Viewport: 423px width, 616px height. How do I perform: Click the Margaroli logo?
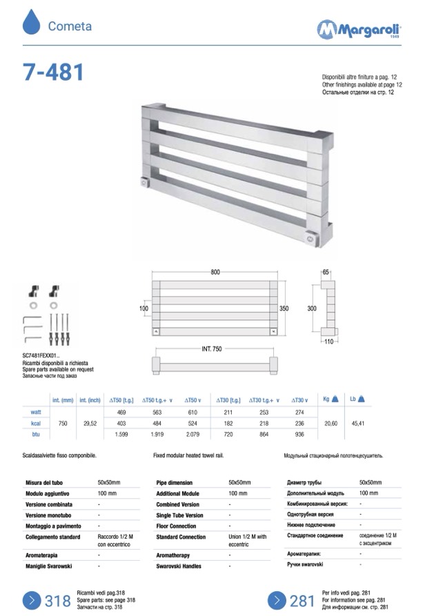pyautogui.click(x=359, y=29)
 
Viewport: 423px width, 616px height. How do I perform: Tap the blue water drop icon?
pyautogui.click(x=32, y=22)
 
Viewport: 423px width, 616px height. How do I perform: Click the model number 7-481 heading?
pyautogui.click(x=53, y=72)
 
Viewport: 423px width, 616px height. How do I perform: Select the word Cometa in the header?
pyautogui.click(x=70, y=26)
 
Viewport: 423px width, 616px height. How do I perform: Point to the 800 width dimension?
pyautogui.click(x=215, y=272)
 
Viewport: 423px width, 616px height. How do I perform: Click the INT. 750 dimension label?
pyautogui.click(x=212, y=349)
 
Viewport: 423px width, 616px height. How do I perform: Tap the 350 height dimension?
pyautogui.click(x=284, y=308)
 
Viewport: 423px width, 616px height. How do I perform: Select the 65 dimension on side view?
pyautogui.click(x=326, y=272)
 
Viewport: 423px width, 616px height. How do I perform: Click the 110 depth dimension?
pyautogui.click(x=328, y=341)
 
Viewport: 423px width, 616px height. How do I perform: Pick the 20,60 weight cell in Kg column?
pyautogui.click(x=331, y=424)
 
